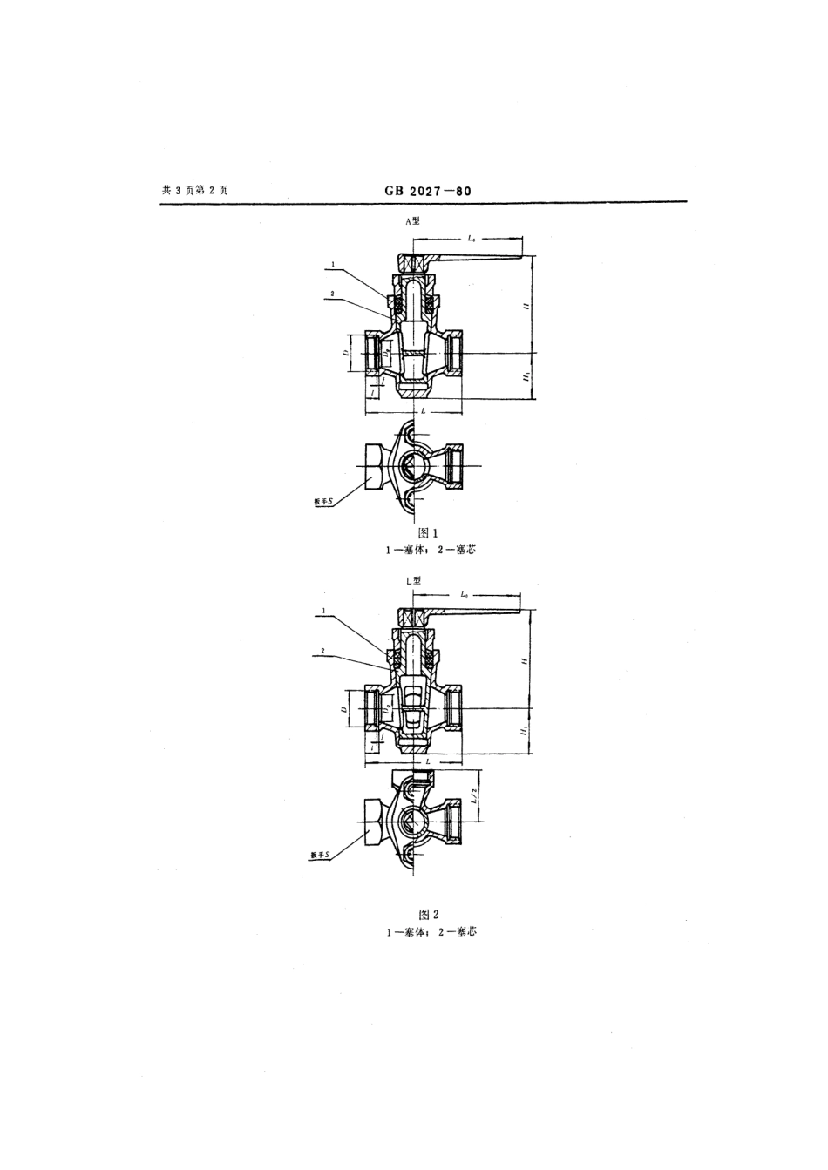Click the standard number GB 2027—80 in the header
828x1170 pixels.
coord(427,191)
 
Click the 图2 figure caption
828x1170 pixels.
coord(428,914)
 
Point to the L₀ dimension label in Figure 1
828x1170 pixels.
coord(472,237)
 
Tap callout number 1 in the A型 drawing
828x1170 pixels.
coord(332,262)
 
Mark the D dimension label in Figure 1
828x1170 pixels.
coord(346,354)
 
